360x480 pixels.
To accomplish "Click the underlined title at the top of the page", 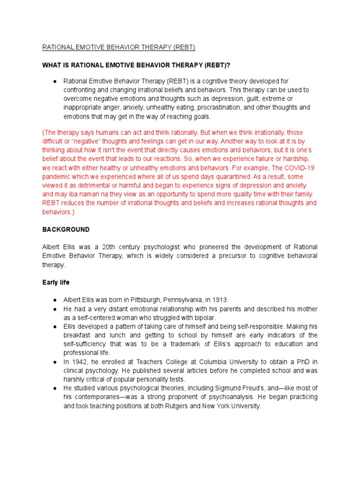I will [x=119, y=47].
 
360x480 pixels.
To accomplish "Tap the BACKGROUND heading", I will [x=66, y=230].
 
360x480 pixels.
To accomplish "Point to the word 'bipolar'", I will [x=197, y=317].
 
